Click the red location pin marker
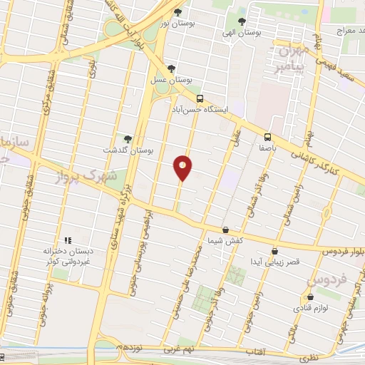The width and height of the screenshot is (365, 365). tap(183, 168)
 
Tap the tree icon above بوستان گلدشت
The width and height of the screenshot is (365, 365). tap(128, 139)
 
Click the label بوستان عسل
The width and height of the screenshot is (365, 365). tap(170, 82)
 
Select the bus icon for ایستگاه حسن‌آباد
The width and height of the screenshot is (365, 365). tap(200, 98)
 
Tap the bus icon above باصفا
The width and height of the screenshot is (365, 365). tap(267, 137)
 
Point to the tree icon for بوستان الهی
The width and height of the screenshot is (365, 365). tap(242, 21)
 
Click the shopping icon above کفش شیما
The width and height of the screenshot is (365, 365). tap(226, 230)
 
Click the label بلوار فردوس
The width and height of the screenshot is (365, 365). tap(339, 252)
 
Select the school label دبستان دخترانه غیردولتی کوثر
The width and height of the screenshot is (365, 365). tap(68, 255)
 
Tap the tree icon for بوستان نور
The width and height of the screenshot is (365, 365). tap(178, 12)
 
